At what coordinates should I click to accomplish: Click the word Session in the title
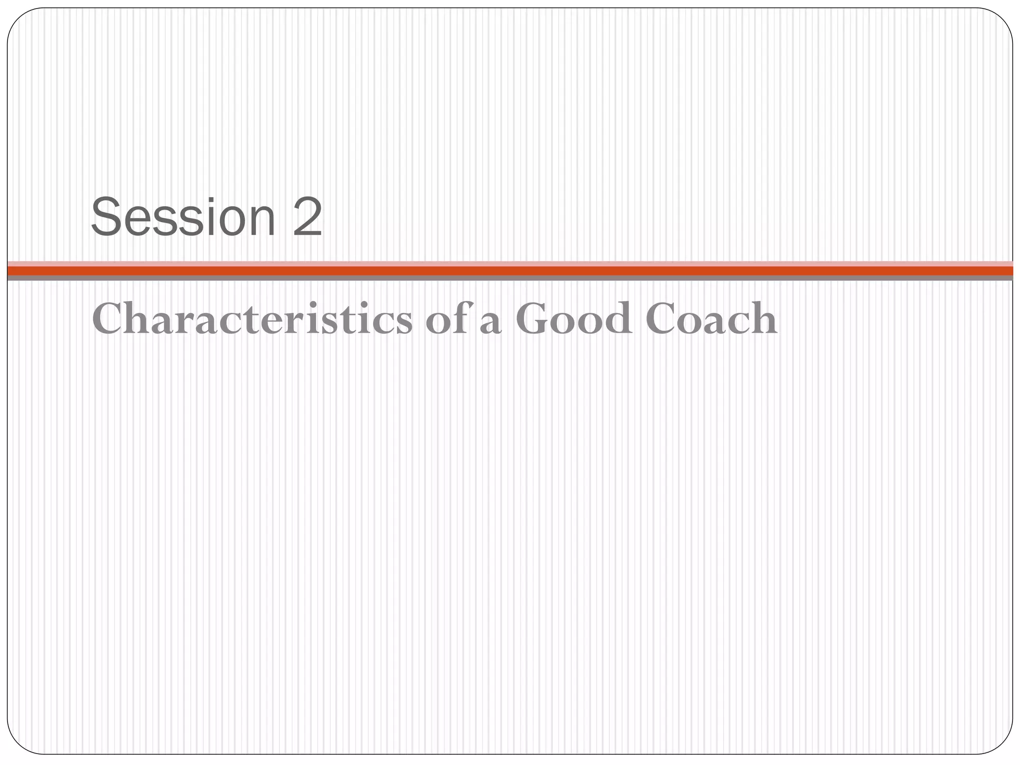(x=183, y=218)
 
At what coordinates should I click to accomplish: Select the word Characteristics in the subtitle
(x=252, y=319)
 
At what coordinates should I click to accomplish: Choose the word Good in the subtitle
(x=573, y=319)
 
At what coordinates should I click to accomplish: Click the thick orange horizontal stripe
(x=510, y=270)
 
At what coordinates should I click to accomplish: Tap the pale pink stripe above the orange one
(x=510, y=263)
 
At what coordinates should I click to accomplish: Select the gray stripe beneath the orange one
(x=510, y=278)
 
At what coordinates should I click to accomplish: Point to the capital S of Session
(x=107, y=218)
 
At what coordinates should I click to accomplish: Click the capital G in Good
(x=533, y=319)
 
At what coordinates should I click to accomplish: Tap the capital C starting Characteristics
(x=109, y=319)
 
